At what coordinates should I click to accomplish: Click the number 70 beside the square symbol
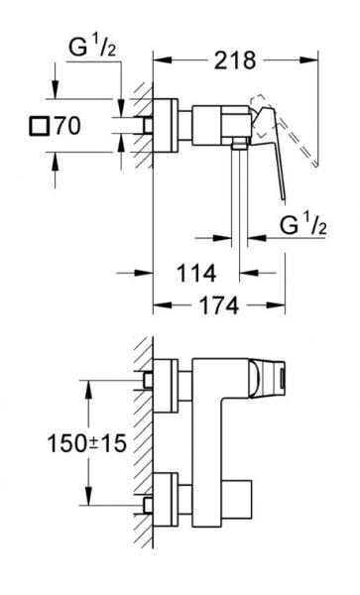[x=66, y=126]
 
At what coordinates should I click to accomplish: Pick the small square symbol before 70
[x=39, y=126]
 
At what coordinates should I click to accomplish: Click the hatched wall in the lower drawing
[x=145, y=436]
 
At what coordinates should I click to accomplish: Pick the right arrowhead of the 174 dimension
[x=283, y=307]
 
